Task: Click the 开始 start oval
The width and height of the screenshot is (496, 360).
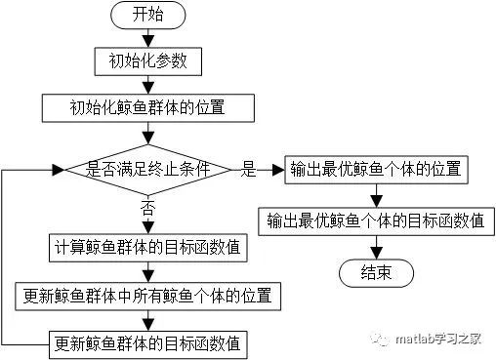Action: tap(147, 17)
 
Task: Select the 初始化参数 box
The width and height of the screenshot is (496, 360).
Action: tap(147, 61)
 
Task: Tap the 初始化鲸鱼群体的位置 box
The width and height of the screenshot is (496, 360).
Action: tap(147, 105)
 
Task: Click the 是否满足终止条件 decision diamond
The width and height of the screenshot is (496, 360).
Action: tap(147, 169)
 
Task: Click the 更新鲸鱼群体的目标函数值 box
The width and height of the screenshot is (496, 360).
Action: tap(147, 342)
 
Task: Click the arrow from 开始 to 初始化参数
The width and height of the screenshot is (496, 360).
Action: tap(147, 39)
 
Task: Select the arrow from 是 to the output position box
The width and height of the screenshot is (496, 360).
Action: tap(270, 169)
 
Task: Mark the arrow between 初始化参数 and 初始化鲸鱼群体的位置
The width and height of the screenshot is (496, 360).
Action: tap(147, 84)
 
